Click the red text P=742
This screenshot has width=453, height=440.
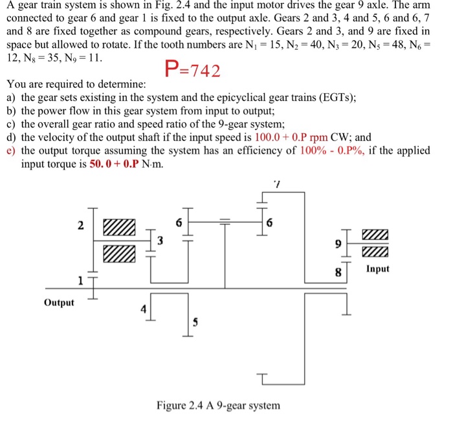click(x=193, y=71)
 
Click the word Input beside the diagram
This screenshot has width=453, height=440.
click(x=377, y=269)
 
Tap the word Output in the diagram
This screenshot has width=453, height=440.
click(x=59, y=303)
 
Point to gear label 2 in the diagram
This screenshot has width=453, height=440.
click(x=80, y=226)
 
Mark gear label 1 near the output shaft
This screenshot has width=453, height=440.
click(x=80, y=280)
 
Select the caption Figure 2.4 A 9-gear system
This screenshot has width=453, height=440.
click(x=218, y=406)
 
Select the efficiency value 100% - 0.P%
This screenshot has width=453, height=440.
click(x=333, y=150)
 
